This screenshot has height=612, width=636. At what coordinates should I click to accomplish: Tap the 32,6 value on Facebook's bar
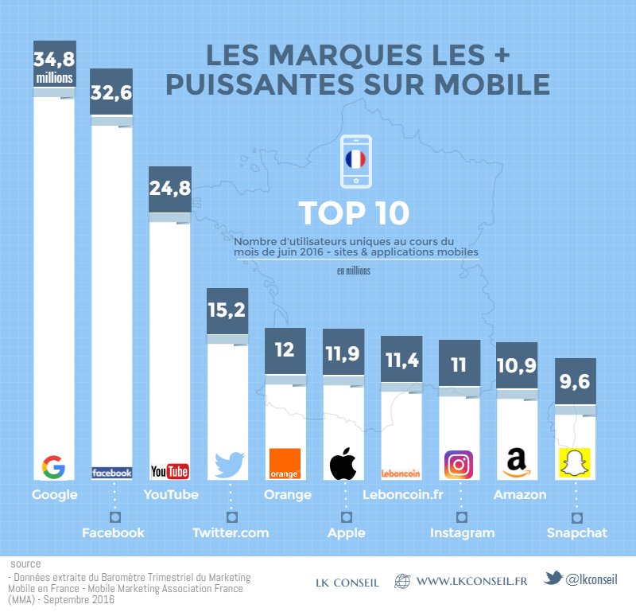coord(111,93)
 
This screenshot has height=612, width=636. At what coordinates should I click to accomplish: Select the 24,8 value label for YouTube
coord(169,189)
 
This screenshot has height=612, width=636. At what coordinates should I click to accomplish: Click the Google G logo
coord(53,467)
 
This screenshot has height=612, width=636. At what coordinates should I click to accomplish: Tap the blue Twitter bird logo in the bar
coord(228,465)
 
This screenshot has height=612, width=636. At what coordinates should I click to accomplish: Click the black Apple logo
coord(343,464)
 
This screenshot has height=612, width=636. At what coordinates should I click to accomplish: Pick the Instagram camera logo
coord(459,464)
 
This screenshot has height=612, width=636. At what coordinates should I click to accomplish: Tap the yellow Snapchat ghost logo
coord(575,465)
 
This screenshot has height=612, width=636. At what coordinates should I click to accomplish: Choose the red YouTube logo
coord(169,472)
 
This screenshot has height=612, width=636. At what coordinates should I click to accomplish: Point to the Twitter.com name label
coord(231,532)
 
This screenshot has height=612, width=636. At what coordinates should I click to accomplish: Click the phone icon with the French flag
coord(355,162)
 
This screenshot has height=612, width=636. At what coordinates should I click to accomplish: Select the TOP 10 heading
coord(354,213)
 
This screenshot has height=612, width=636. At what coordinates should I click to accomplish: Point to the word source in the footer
coord(26,563)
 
